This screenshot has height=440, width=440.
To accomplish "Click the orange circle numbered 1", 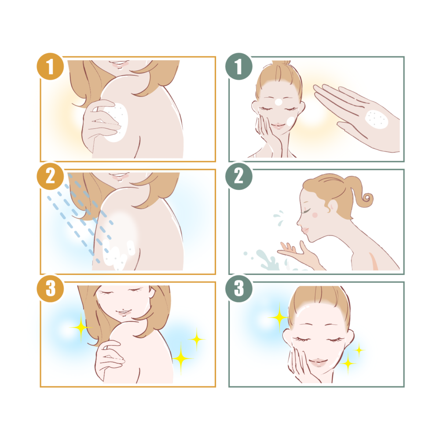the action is pyautogui.click(x=50, y=66).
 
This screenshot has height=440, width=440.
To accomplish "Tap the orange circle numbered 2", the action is pyautogui.click(x=50, y=176).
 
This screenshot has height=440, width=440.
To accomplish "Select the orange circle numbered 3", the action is pyautogui.click(x=50, y=289).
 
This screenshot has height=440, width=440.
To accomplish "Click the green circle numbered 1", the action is pyautogui.click(x=239, y=66).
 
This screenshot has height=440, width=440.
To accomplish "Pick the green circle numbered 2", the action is pyautogui.click(x=239, y=176).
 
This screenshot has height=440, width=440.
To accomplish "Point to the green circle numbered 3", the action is pyautogui.click(x=239, y=289).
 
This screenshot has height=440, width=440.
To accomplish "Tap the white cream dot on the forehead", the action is pyautogui.click(x=279, y=102).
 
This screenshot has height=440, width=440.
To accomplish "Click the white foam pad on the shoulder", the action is pyautogui.click(x=116, y=123).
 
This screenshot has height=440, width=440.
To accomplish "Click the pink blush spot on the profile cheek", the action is pyautogui.click(x=315, y=215).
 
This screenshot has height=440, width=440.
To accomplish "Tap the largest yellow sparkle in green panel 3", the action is pyautogui.click(x=279, y=317).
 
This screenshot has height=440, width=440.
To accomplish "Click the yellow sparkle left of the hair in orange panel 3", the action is pyautogui.click(x=81, y=327).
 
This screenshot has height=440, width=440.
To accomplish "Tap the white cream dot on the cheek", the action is pyautogui.click(x=290, y=121).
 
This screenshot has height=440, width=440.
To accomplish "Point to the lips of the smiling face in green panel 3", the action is pyautogui.click(x=318, y=362).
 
